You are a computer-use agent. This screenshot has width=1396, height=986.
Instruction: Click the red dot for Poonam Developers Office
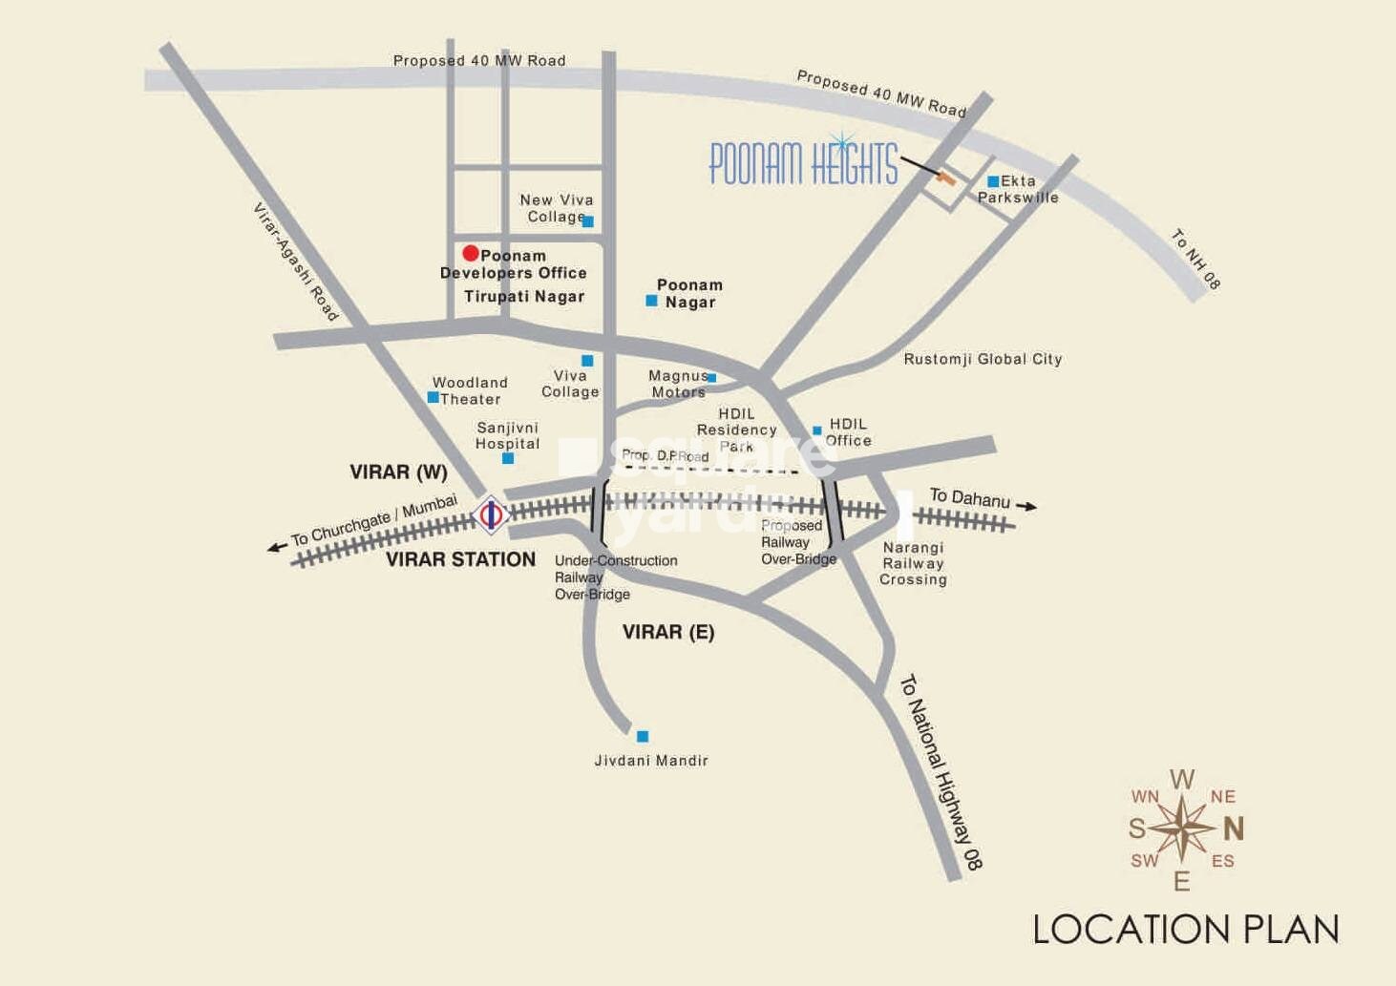(x=470, y=253)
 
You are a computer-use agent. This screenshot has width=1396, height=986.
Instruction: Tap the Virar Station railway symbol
(x=491, y=515)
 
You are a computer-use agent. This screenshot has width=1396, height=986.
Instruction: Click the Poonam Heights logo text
(x=803, y=162)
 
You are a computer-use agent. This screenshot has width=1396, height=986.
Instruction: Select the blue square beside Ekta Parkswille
(x=993, y=181)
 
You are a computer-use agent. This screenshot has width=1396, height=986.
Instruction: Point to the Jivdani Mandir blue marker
(x=643, y=736)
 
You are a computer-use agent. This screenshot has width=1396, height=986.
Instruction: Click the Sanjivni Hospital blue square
(x=508, y=458)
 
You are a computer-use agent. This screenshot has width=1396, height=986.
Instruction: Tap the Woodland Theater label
(x=470, y=390)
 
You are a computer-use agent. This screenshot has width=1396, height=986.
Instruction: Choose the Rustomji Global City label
(x=983, y=359)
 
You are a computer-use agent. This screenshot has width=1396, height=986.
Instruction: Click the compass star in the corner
(x=1182, y=828)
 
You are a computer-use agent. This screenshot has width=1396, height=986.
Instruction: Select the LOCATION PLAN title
(x=1186, y=930)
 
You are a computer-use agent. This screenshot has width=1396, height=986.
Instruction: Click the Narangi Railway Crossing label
(x=913, y=563)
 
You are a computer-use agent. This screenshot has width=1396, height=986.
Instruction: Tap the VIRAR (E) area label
(x=668, y=632)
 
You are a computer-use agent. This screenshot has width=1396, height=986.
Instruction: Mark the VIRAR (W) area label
(x=398, y=472)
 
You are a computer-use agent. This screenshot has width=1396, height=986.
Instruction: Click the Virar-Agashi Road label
(x=295, y=262)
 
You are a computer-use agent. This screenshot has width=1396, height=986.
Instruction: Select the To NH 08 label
(x=1195, y=259)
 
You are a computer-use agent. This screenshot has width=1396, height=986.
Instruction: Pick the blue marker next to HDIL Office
(x=816, y=430)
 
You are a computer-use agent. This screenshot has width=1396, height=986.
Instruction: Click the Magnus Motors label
(x=678, y=384)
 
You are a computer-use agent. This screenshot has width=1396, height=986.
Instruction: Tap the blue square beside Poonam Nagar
(x=651, y=301)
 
